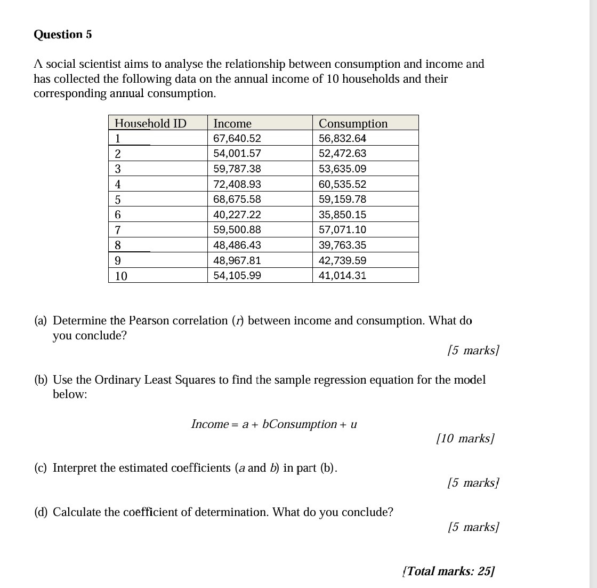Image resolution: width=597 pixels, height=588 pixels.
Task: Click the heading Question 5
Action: [62, 35]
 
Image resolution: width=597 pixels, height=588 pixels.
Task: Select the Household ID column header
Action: [150, 123]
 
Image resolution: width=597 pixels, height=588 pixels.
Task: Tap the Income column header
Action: [232, 123]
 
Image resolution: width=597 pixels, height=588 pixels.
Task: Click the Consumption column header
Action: [353, 123]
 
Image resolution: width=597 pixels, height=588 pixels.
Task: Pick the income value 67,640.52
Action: [237, 138]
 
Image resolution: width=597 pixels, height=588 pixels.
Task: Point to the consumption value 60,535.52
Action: [342, 184]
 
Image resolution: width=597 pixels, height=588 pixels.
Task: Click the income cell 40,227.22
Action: [237, 214]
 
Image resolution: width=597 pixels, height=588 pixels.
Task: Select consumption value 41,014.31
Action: [342, 275]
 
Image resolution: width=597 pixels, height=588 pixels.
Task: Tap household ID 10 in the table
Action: [121, 276]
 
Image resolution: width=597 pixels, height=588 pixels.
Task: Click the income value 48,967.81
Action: [237, 260]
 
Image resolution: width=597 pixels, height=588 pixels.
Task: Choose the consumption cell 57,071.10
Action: [342, 229]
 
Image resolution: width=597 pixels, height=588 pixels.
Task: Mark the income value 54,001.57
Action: [237, 153]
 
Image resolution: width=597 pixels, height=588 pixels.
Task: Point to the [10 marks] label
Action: [465, 439]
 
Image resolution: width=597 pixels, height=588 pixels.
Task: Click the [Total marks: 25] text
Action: [449, 571]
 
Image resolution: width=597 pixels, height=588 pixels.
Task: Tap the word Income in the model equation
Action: [209, 424]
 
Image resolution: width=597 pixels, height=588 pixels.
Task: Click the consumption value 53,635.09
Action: [342, 169]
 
